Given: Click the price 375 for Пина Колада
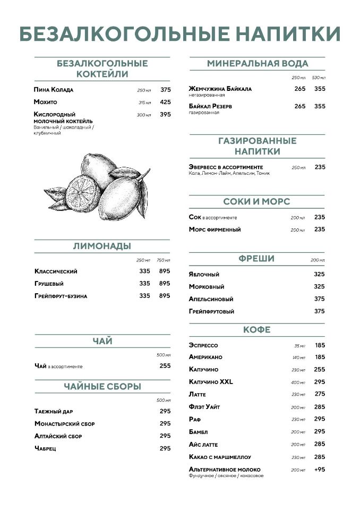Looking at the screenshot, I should coord(166,90).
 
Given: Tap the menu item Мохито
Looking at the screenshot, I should coord(45,102).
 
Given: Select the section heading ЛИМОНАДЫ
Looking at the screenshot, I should coord(102,246).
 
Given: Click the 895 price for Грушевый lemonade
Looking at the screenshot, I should coord(165,284).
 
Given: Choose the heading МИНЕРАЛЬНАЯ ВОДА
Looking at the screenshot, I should coord(258,64).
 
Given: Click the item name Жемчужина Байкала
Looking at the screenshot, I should coord(220,89).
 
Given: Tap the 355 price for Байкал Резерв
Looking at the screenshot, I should coord(320,106).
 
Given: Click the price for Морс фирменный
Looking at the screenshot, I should coord(320,229).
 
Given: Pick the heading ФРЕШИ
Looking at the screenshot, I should coord(256,259).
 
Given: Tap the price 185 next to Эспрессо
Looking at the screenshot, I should coord(320,345).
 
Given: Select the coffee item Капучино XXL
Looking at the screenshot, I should coord(211,382).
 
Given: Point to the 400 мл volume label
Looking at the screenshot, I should coord(298,382).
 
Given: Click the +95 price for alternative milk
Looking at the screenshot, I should coord(320,470).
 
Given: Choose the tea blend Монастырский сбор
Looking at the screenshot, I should coord(64,424).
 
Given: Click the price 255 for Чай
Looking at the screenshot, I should coord(165,366).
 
